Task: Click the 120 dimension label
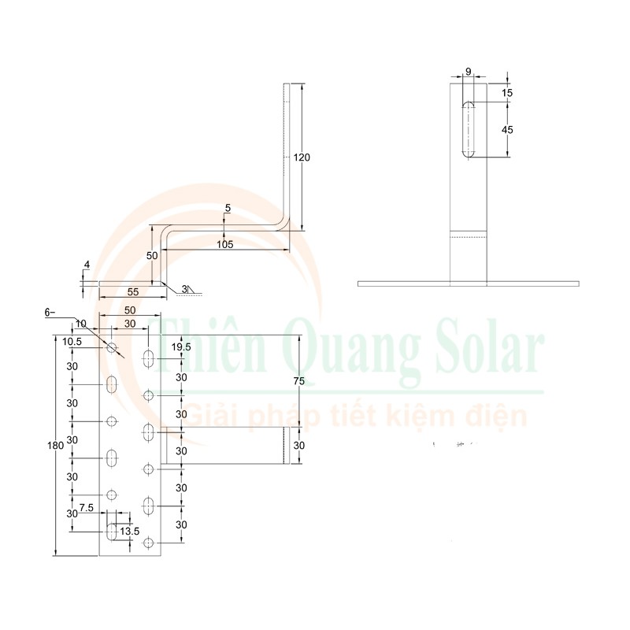tap(302, 157)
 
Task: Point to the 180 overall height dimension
tap(54, 446)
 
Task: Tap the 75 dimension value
tap(298, 381)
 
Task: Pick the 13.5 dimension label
tap(129, 532)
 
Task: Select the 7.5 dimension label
tap(87, 508)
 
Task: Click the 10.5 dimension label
tap(72, 340)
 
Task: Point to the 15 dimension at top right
tap(507, 93)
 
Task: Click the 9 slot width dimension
tap(469, 72)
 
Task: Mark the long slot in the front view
tap(469, 128)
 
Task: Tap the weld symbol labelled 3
tap(186, 291)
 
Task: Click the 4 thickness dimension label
tap(87, 265)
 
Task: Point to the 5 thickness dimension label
tap(228, 208)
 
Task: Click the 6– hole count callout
tap(50, 313)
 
